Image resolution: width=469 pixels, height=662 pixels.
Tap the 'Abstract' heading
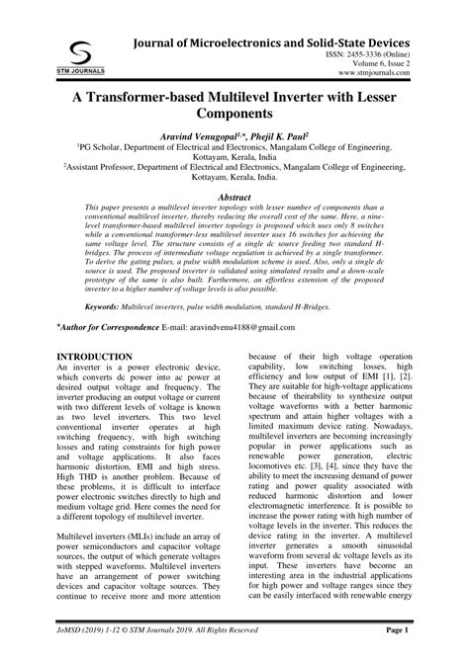[234, 225]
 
